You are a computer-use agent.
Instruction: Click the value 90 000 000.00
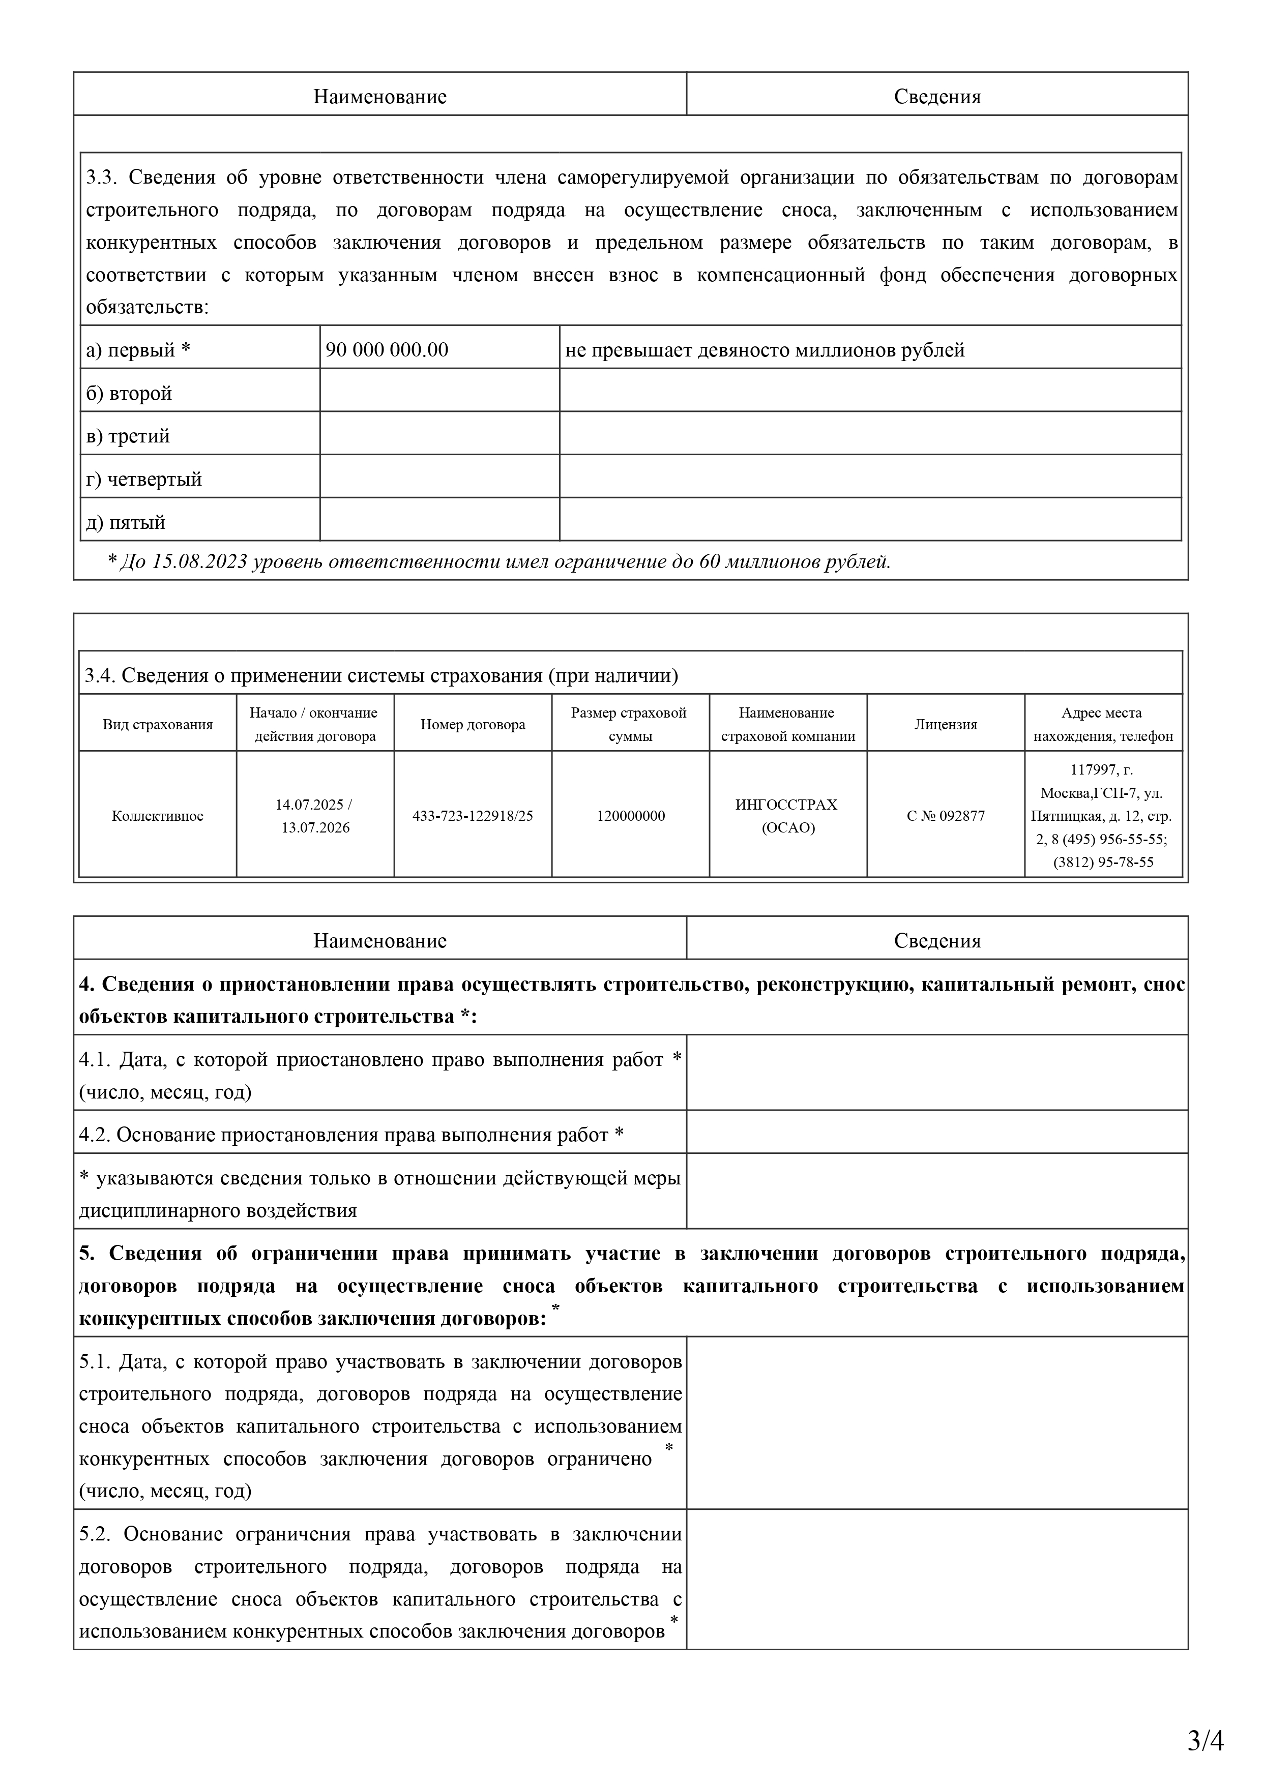(x=387, y=350)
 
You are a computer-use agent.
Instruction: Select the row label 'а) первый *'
(x=137, y=350)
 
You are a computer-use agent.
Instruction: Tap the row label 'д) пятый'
(x=125, y=522)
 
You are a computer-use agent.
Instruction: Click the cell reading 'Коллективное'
(x=158, y=816)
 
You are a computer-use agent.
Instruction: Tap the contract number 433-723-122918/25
(x=473, y=816)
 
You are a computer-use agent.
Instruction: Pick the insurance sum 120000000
(x=630, y=816)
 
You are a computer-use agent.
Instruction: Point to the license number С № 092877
(x=945, y=816)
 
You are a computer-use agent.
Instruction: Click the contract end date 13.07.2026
(x=315, y=827)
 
